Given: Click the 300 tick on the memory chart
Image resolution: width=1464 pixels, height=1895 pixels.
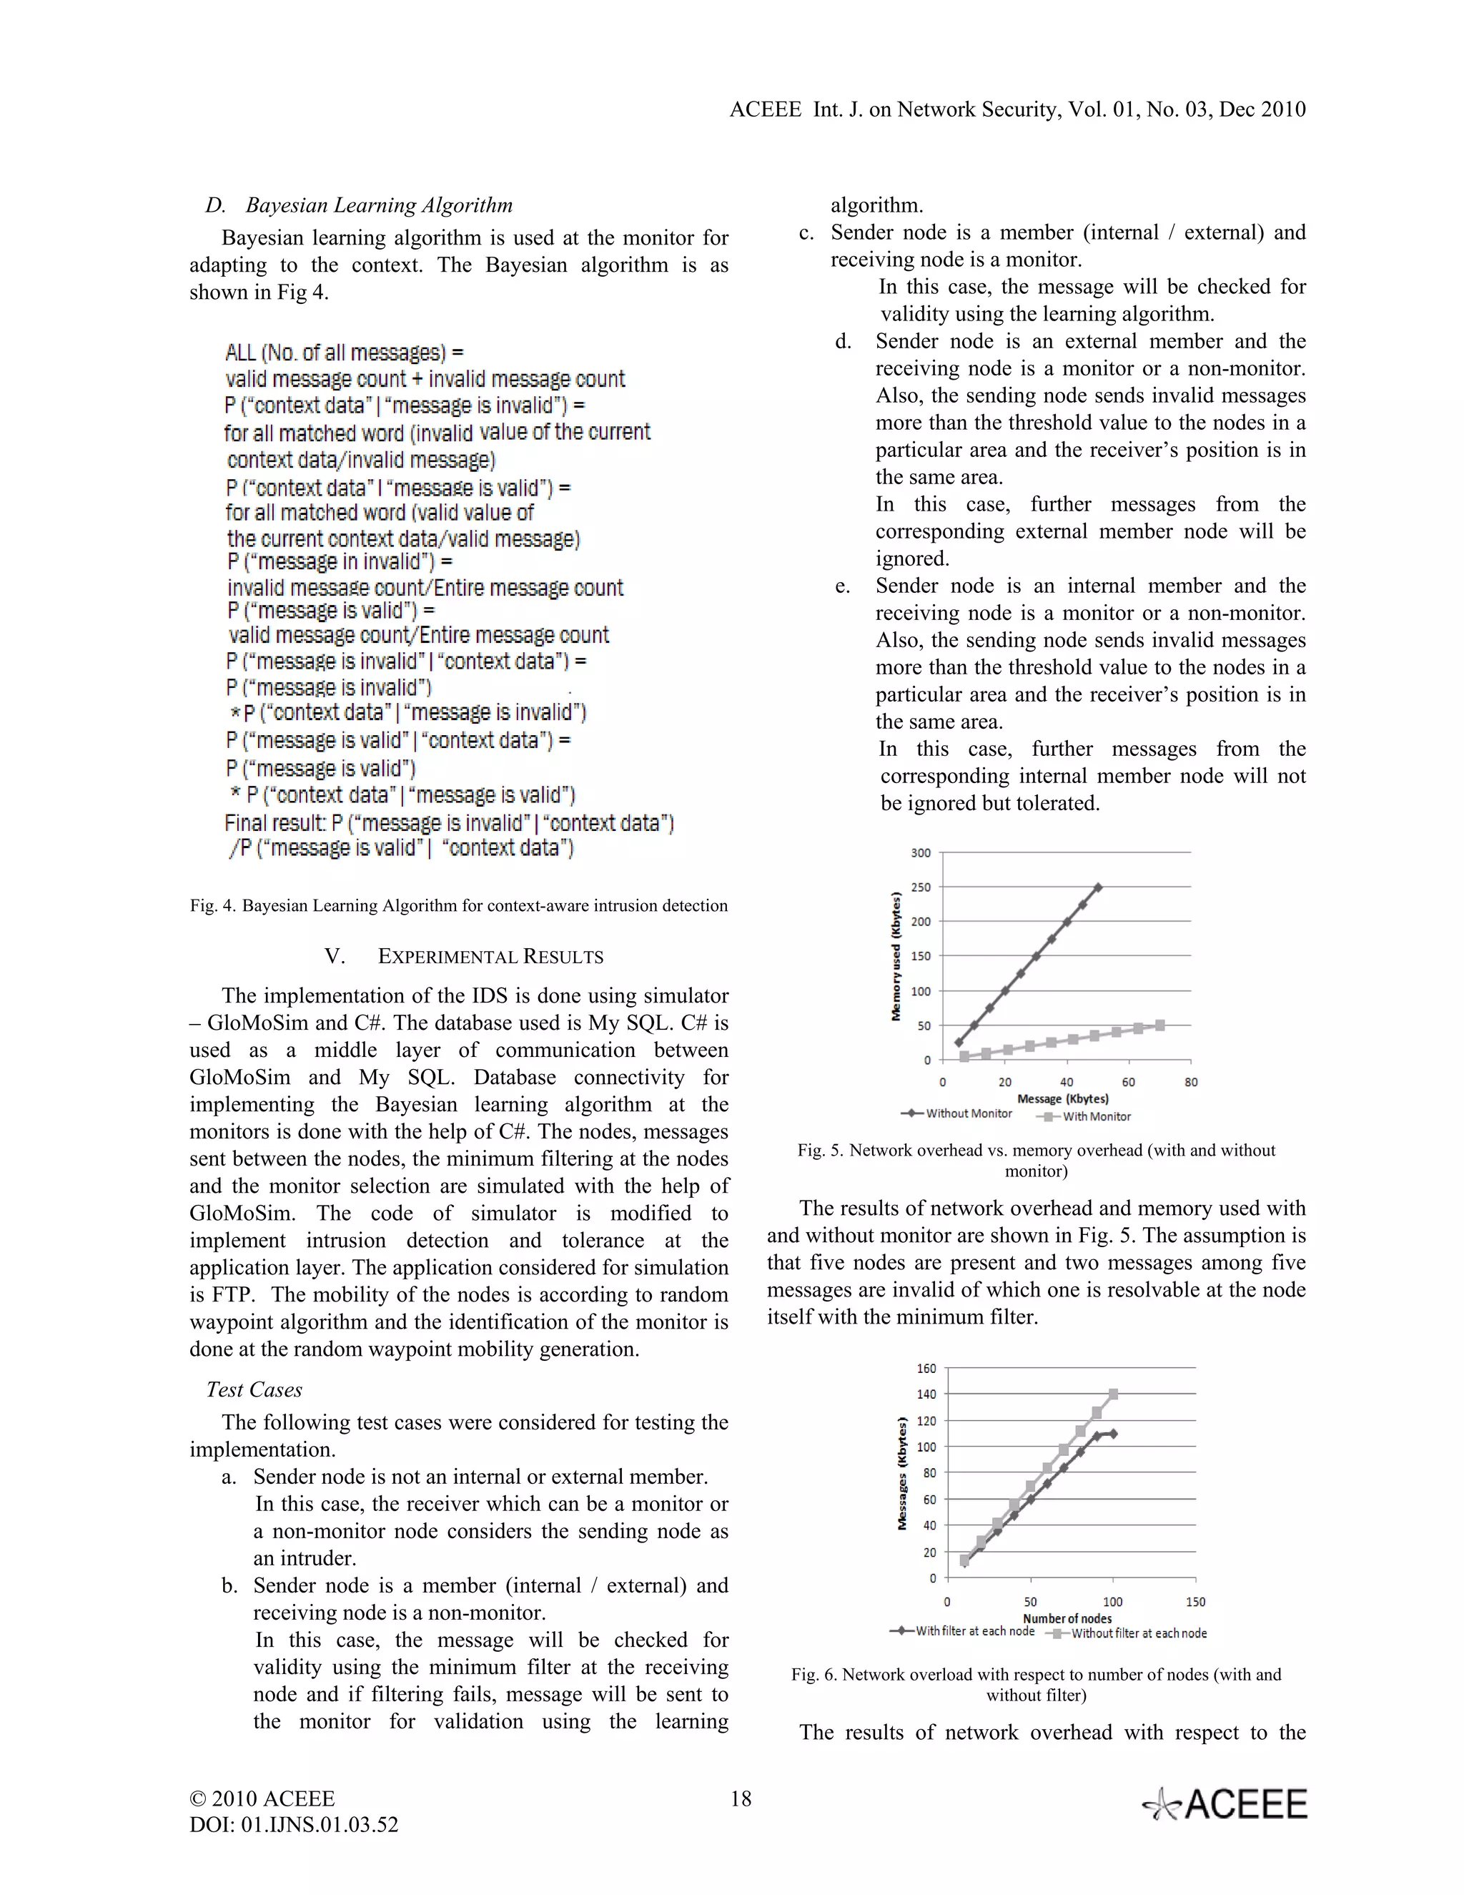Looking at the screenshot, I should point(920,853).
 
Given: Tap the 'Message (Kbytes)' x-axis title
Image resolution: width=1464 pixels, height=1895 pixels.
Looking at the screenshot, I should point(1062,1098).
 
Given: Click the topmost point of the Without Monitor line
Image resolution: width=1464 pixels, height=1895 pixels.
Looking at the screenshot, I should point(1098,887).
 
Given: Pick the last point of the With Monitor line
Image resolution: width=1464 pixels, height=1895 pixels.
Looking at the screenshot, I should point(1160,1025).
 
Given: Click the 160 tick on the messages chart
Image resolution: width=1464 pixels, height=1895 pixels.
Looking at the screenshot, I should point(926,1368).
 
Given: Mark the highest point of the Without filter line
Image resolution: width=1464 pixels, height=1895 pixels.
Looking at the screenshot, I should point(1113,1394).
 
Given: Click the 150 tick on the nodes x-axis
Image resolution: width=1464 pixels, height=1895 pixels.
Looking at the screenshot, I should point(1195,1602).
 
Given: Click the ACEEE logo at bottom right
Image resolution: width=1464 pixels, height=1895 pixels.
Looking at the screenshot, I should point(1225,1805).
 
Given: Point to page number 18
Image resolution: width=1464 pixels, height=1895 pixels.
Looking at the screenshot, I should point(741,1798).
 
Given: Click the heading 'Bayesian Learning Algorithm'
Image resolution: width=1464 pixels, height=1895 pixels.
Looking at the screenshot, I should point(379,206).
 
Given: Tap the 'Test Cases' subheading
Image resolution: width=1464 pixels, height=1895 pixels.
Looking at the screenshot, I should point(254,1390).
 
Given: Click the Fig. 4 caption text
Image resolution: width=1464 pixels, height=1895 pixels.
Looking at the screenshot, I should point(459,906).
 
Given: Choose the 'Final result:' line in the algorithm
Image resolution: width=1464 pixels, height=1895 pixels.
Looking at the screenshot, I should point(448,822).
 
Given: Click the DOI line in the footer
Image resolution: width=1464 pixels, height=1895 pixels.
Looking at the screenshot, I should point(293,1825).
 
